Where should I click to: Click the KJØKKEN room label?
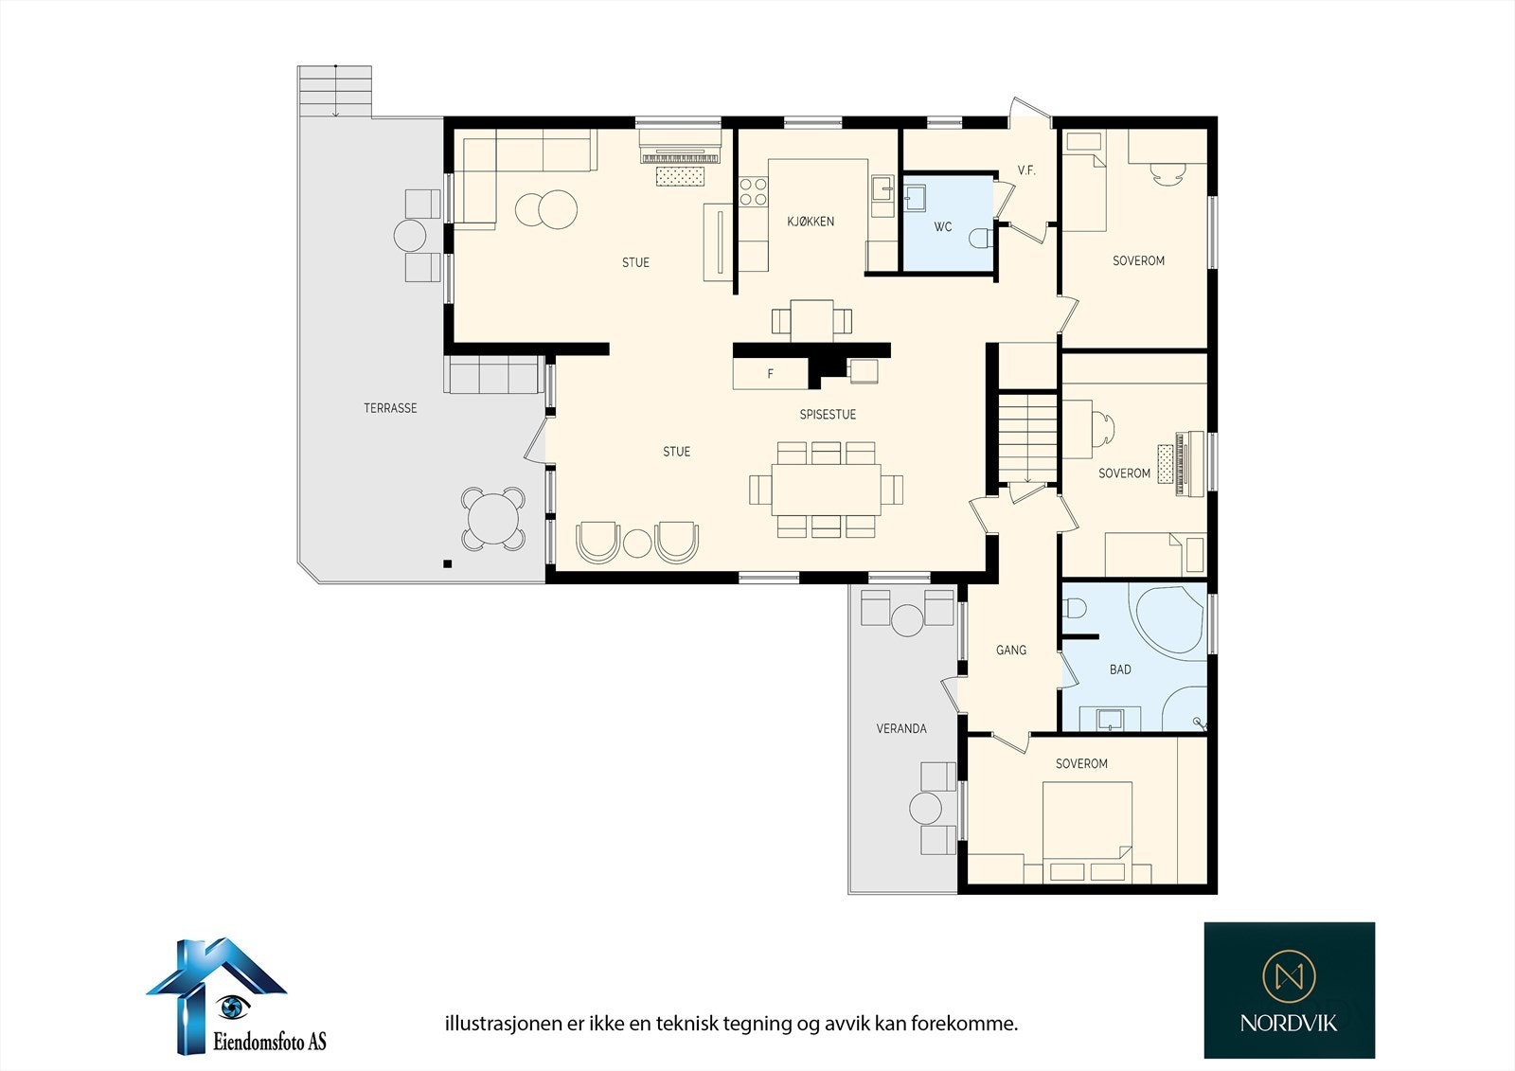[811, 222]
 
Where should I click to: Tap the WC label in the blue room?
[943, 226]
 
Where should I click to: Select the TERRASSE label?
[390, 408]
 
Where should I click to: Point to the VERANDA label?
[900, 728]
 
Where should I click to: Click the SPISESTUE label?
[828, 414]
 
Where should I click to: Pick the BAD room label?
[1120, 669]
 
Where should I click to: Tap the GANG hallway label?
[1011, 651]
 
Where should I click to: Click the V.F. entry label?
[1026, 170]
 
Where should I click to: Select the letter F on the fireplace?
[770, 373]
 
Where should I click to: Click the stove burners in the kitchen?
[753, 190]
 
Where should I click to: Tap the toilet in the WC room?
[981, 238]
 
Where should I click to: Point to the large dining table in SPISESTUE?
[826, 490]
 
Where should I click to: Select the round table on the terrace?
[493, 519]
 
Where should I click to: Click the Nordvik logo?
[1289, 990]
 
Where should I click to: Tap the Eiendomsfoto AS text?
[269, 1042]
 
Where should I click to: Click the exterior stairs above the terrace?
[335, 91]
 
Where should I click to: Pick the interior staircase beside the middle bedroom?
[1028, 438]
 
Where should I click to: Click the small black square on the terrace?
[447, 563]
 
